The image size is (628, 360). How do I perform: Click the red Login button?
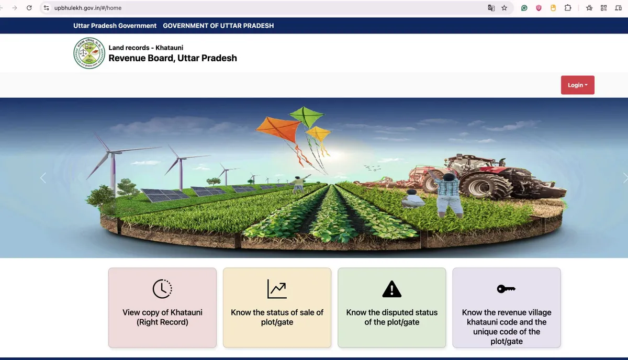[x=578, y=85]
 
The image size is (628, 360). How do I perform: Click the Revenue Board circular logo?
[x=89, y=53]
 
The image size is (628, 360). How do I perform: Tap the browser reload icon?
[x=29, y=8]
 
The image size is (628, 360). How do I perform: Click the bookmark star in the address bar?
[x=504, y=8]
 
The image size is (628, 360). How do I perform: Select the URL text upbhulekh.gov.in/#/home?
[x=88, y=8]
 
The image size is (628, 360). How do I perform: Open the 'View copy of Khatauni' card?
[x=162, y=308]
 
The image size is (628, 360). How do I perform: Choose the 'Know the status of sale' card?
[x=277, y=308]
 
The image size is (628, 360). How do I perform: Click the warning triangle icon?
[x=391, y=289]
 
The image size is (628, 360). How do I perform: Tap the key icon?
[x=506, y=289]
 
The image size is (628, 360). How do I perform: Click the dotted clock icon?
[x=162, y=289]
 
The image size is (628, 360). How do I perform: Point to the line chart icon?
[x=277, y=289]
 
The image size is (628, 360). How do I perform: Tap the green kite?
[x=307, y=117]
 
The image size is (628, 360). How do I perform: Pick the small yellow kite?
[x=319, y=133]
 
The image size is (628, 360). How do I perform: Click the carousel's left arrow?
[x=43, y=178]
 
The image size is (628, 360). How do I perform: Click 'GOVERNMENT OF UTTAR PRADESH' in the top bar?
[x=218, y=26]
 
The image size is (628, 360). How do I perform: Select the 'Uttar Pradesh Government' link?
[x=115, y=26]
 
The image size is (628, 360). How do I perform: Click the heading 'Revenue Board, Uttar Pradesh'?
[x=173, y=58]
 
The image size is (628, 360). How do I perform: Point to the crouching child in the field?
[x=413, y=199]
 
